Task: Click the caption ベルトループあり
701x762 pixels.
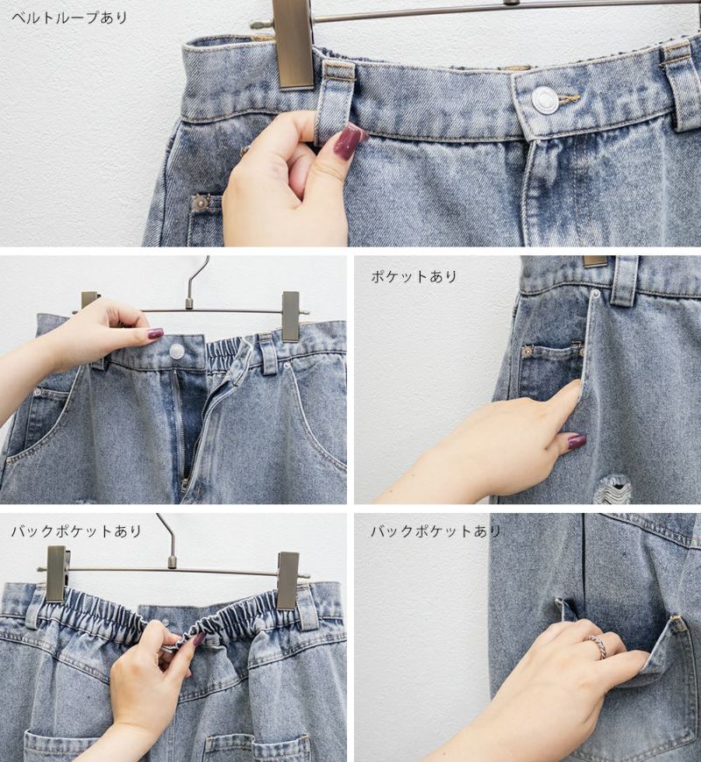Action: tap(69, 18)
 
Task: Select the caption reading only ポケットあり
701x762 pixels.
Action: tap(414, 276)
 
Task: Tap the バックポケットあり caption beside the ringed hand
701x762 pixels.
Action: tap(435, 531)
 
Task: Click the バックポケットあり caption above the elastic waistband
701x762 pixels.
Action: tap(76, 531)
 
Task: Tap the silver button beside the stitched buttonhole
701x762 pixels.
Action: tap(543, 100)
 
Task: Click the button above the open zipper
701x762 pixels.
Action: tap(176, 349)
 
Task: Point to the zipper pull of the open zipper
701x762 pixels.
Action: tap(185, 484)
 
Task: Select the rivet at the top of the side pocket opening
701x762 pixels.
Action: tap(596, 294)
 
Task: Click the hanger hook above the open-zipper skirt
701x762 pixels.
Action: tap(199, 280)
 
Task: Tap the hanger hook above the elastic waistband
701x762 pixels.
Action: tap(167, 538)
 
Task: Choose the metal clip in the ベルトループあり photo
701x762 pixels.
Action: tap(293, 44)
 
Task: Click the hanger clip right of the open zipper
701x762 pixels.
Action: tap(291, 317)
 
